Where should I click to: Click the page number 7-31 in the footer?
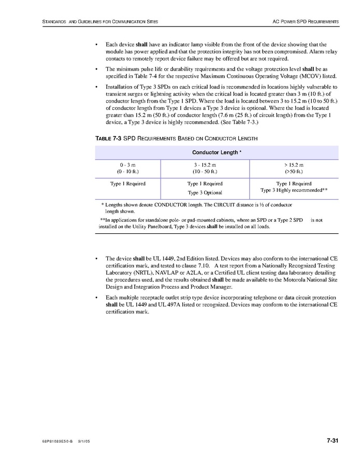332,441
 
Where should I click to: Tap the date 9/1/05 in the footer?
84,442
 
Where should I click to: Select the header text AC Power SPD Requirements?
306,21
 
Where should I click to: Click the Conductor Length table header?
216,152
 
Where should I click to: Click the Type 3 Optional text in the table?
205,192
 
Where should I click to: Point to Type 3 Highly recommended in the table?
294,190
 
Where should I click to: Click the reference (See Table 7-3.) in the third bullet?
236,122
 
